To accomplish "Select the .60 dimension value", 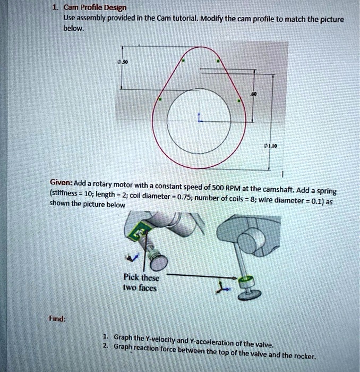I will point(254,94).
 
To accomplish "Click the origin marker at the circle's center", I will point(199,120).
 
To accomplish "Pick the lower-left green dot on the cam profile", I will point(160,99).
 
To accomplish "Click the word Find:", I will point(57,319).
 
